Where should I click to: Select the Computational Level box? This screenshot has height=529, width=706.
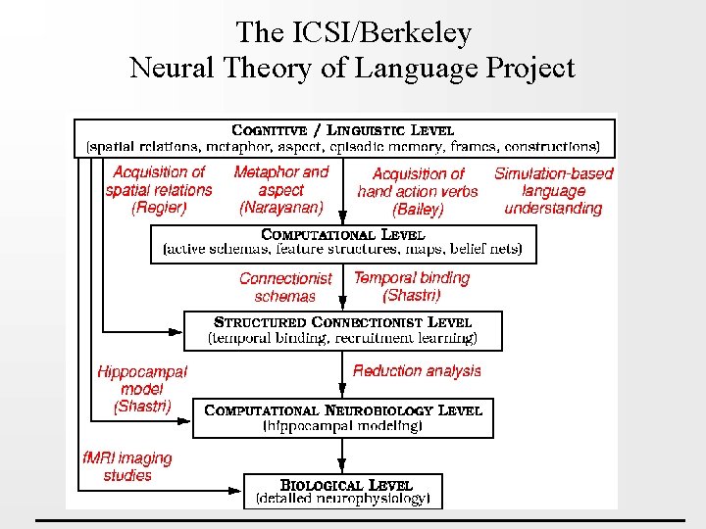(x=343, y=243)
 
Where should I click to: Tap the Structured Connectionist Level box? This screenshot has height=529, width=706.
(x=343, y=330)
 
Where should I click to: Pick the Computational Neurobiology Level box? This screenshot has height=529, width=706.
(x=343, y=417)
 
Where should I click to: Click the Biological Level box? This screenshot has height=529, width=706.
(x=343, y=491)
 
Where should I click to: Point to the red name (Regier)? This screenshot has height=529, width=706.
(x=159, y=208)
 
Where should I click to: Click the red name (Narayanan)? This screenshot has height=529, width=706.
(x=281, y=208)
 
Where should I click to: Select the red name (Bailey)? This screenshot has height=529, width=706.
(x=418, y=209)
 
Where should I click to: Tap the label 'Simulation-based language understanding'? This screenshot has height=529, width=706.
(x=554, y=191)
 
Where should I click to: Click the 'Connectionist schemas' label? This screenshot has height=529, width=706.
(x=285, y=287)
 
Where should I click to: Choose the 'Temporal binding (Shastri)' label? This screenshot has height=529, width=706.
(x=412, y=286)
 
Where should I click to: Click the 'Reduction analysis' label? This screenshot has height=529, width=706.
(x=417, y=370)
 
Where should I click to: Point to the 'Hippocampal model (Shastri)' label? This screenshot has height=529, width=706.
(x=142, y=389)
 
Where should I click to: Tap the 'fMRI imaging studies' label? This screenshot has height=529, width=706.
(x=127, y=466)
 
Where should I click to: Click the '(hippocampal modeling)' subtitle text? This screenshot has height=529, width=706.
(x=343, y=426)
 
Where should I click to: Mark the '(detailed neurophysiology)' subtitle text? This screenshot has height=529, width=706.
(x=343, y=499)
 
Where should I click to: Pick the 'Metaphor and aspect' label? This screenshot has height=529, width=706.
(x=281, y=180)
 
